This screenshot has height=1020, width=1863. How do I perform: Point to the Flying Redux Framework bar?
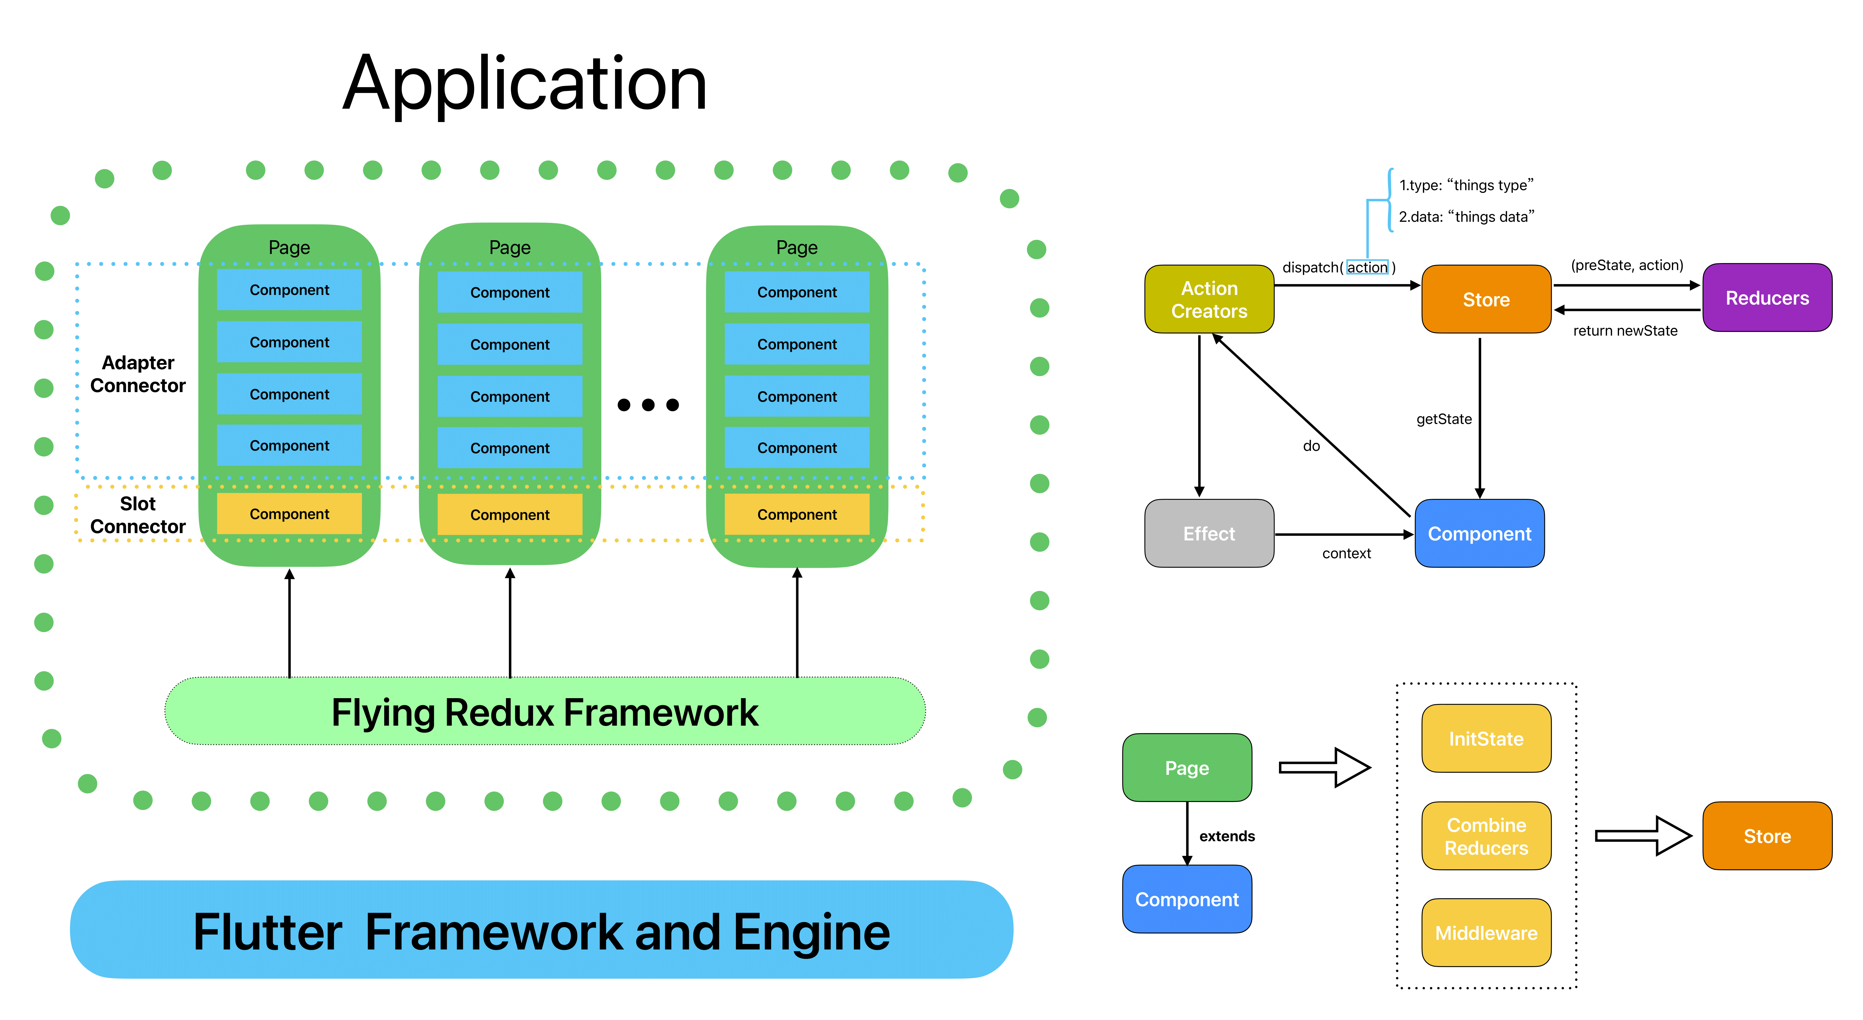pyautogui.click(x=545, y=712)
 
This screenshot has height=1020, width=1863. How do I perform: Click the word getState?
pyautogui.click(x=1443, y=419)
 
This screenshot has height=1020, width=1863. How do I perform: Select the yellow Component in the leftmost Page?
pyautogui.click(x=289, y=514)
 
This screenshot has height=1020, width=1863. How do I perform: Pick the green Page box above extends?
pyautogui.click(x=1187, y=767)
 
